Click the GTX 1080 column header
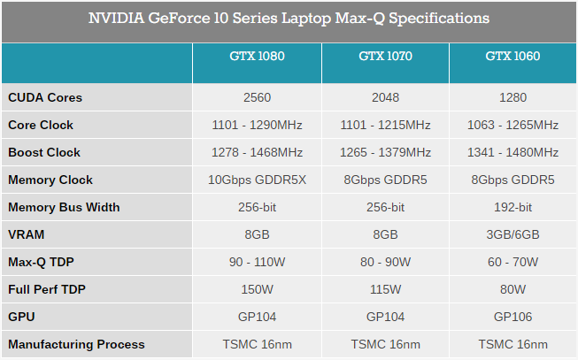click(257, 57)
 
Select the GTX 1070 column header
click(385, 57)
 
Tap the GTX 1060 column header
click(512, 57)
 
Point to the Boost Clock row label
click(44, 152)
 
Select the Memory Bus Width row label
click(64, 207)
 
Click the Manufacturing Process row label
click(76, 344)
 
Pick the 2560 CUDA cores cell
click(257, 98)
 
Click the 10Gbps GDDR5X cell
click(257, 180)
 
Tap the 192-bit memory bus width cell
click(512, 207)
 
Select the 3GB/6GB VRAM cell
click(512, 234)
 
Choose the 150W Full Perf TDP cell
click(257, 289)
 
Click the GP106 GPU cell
click(512, 317)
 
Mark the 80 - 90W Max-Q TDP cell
click(385, 262)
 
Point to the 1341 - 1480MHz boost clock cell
click(512, 152)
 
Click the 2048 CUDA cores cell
click(385, 98)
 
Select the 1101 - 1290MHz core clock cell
click(257, 125)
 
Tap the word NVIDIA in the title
click(118, 18)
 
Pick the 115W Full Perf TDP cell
click(385, 289)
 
